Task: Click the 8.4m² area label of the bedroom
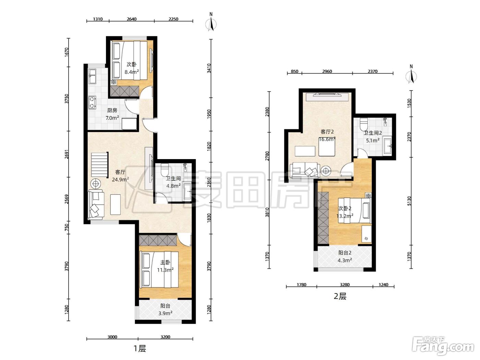(132, 72)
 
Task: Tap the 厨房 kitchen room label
(112, 110)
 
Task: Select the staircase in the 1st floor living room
(99, 165)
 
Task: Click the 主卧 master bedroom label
(165, 262)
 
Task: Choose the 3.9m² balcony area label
(165, 313)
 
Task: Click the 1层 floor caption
(140, 348)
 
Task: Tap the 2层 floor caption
(340, 296)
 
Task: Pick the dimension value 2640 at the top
(132, 19)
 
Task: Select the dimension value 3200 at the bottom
(165, 337)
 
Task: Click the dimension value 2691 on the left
(67, 154)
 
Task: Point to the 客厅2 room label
(327, 132)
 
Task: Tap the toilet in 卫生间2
(364, 124)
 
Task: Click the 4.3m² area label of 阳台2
(345, 260)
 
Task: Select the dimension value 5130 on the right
(409, 201)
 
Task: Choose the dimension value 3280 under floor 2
(345, 285)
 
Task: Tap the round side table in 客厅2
(326, 170)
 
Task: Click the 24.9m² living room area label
(120, 179)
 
